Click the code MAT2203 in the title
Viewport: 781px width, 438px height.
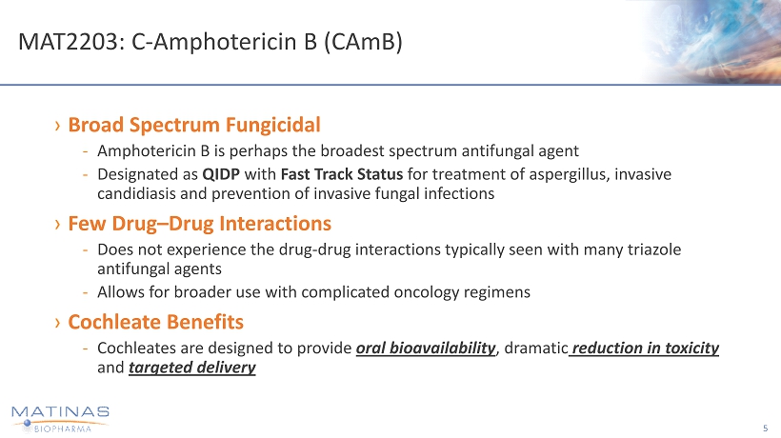click(68, 42)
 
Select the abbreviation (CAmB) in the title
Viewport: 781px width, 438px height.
click(363, 42)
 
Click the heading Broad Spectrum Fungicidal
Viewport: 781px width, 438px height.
click(194, 125)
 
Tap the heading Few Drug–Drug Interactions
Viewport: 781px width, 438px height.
click(200, 224)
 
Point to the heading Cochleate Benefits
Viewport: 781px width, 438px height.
click(156, 322)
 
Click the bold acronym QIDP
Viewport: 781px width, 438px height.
click(221, 174)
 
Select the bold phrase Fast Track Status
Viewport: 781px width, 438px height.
click(342, 174)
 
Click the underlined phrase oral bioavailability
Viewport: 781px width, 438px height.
click(426, 348)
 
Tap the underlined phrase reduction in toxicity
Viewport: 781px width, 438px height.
click(644, 348)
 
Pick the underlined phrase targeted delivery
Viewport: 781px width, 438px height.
click(192, 368)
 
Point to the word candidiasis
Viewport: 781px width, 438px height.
click(136, 193)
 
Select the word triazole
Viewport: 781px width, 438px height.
click(654, 249)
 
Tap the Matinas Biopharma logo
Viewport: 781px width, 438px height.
click(60, 419)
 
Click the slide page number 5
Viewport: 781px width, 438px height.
click(765, 428)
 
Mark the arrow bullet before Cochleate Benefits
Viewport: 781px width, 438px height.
click(58, 323)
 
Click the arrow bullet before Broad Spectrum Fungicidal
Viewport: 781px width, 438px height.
click(58, 126)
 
